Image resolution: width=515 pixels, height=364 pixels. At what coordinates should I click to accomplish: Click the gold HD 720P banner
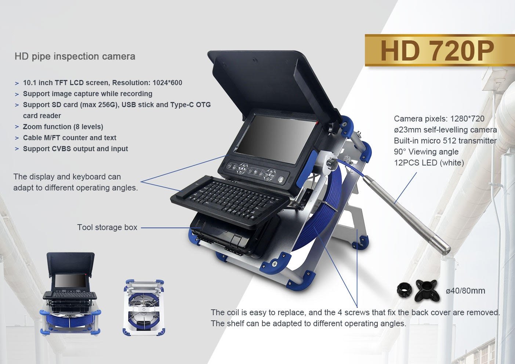pyautogui.click(x=440, y=50)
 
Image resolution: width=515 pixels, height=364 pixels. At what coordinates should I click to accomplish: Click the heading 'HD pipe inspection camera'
pyautogui.click(x=75, y=57)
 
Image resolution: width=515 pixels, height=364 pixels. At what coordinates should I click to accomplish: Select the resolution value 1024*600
pyautogui.click(x=167, y=83)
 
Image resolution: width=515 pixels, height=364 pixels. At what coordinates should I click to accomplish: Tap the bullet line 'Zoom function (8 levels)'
pyautogui.click(x=63, y=127)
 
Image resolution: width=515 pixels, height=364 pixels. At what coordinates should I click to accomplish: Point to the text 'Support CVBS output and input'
pyautogui.click(x=75, y=149)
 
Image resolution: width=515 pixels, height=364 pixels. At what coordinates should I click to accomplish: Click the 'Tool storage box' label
pyautogui.click(x=107, y=227)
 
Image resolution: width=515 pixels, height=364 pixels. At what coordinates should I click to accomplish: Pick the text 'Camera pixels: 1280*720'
pyautogui.click(x=439, y=119)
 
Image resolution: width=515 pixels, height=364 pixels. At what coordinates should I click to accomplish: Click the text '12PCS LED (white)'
pyautogui.click(x=429, y=163)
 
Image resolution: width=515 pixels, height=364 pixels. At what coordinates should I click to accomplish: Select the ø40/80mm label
pyautogui.click(x=465, y=291)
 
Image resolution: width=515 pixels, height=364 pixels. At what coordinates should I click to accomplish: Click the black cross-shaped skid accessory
pyautogui.click(x=427, y=291)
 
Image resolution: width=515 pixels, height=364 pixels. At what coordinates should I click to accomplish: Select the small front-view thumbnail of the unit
pyautogui.click(x=70, y=294)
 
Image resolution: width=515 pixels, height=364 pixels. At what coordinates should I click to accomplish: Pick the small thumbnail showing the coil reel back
pyautogui.click(x=144, y=307)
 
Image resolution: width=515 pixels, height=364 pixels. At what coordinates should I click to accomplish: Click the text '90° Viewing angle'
pyautogui.click(x=426, y=152)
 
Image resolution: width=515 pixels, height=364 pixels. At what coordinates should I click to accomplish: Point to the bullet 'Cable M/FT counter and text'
pyautogui.click(x=70, y=138)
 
